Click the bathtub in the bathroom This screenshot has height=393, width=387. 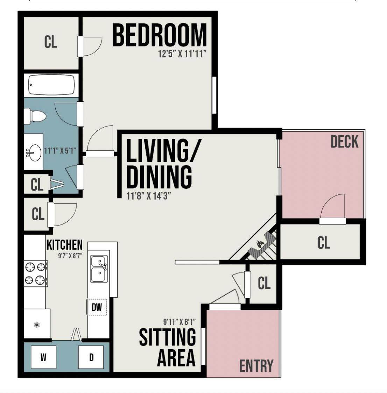[x=51, y=85]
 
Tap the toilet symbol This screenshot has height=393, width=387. [x=35, y=116]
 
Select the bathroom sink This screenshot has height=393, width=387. [x=34, y=152]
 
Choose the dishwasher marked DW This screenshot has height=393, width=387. [x=97, y=307]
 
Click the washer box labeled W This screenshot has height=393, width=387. [x=43, y=357]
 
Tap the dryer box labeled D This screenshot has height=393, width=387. [x=91, y=357]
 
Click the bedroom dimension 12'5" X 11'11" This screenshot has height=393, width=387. [x=182, y=54]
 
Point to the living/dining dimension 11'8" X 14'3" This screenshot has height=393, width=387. [x=149, y=196]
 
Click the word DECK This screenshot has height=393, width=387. [x=345, y=142]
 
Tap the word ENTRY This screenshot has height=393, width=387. [x=256, y=366]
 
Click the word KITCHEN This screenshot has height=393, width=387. [x=64, y=245]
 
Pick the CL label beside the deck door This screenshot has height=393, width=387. [x=324, y=243]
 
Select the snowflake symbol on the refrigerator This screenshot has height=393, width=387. [x=37, y=325]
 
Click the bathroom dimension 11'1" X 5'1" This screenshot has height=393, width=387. [x=60, y=151]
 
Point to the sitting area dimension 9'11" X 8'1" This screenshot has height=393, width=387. [x=180, y=321]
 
